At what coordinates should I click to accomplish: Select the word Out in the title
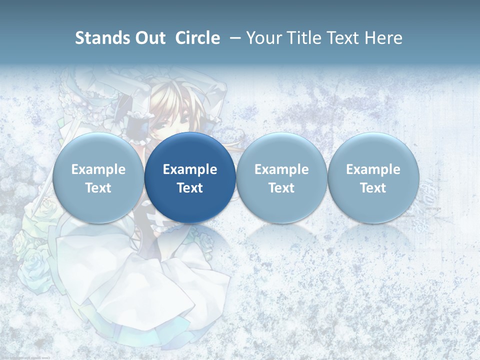pos(149,38)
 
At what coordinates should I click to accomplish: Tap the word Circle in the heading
pos(197,38)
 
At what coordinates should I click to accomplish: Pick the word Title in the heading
pos(305,38)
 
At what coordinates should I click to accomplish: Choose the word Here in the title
pos(384,38)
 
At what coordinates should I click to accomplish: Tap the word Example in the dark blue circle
pos(190,169)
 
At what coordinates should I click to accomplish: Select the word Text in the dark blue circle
pos(190,188)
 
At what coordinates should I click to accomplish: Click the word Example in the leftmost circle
pos(98,169)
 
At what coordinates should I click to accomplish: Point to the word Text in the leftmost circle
pos(98,188)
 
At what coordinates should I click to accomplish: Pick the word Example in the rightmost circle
pos(373,169)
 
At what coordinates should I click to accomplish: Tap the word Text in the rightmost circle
pos(373,188)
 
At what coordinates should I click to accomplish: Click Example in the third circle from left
pos(281,169)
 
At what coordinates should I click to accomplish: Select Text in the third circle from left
pos(281,188)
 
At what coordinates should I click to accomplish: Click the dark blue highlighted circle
pos(190,150)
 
